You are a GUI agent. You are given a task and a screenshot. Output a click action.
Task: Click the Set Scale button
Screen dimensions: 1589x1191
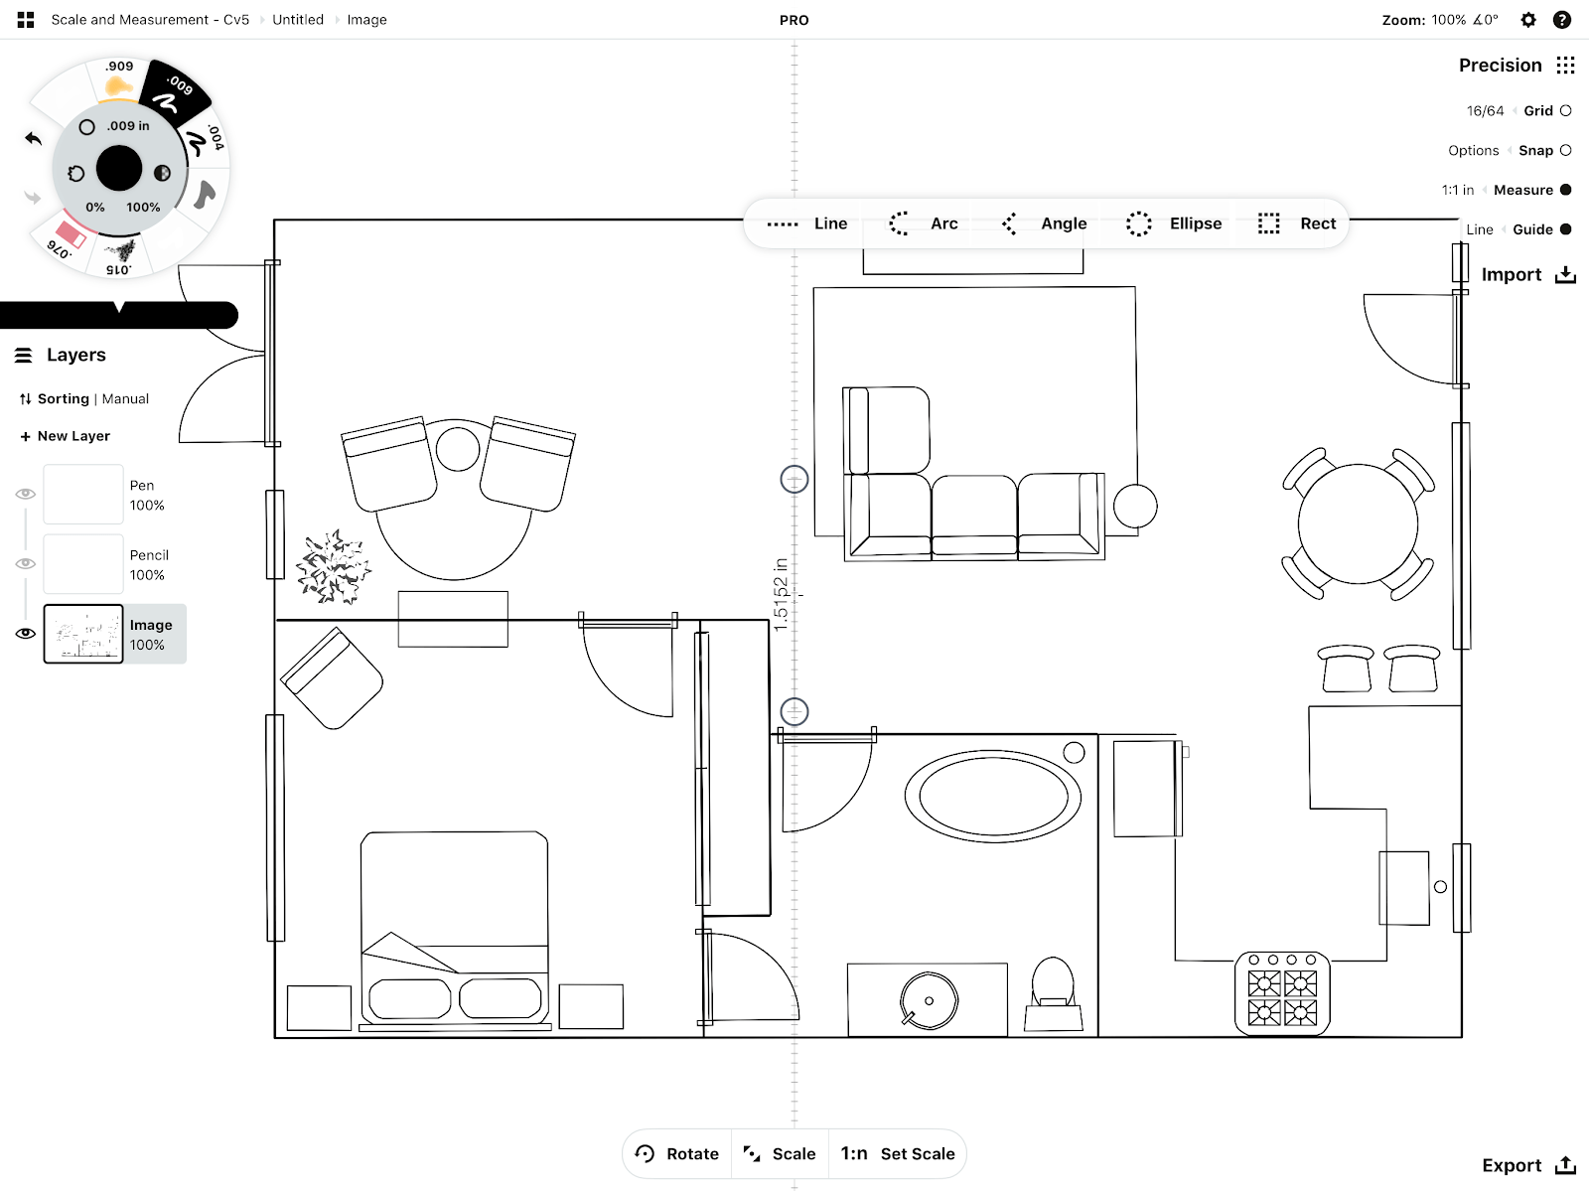coord(897,1153)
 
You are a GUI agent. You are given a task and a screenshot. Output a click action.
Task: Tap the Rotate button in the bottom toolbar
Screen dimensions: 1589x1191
coord(676,1153)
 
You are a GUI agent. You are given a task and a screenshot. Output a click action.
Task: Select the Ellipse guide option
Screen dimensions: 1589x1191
coord(1174,223)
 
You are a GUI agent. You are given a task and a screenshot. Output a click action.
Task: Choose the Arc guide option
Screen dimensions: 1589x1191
coord(923,223)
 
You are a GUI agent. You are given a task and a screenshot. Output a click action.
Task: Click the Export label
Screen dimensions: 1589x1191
coord(1512,1165)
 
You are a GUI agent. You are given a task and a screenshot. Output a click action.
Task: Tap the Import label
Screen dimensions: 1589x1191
coord(1511,274)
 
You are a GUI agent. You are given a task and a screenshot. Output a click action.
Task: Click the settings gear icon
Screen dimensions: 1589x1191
coord(1527,20)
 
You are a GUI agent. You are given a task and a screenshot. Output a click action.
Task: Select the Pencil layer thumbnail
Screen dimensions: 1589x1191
coord(83,564)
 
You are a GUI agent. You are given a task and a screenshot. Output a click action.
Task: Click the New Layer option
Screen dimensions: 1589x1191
coord(66,436)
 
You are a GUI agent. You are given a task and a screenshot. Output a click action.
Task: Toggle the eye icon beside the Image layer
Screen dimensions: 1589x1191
coord(26,634)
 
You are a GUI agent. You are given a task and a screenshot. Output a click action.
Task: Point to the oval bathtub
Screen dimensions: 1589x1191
coord(993,797)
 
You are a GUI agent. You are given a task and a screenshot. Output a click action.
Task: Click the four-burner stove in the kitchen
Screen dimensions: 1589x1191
coord(1282,993)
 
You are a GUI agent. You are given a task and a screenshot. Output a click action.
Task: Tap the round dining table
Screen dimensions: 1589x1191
coord(1358,523)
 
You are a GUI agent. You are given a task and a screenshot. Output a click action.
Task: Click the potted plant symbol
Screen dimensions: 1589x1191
coord(334,567)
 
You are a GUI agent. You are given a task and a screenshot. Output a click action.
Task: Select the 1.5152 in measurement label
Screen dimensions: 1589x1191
coord(781,594)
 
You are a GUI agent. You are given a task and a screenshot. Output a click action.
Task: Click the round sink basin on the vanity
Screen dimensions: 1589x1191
coord(929,1000)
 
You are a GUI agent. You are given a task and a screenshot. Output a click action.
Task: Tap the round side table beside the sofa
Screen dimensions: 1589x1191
coord(1135,506)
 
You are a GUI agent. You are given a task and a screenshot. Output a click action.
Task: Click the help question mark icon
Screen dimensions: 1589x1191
coord(1562,20)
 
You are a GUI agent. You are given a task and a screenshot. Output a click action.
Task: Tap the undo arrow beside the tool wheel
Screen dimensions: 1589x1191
coord(34,138)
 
